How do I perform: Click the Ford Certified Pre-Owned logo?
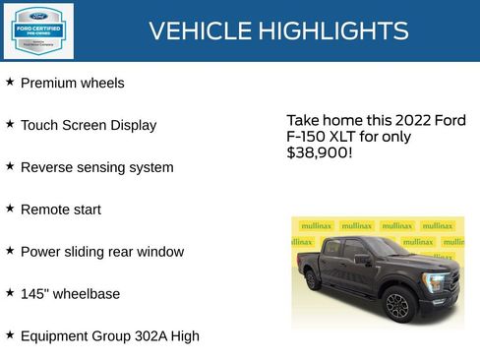point(37,30)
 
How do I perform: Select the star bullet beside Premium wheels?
point(10,83)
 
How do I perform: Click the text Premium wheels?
point(73,84)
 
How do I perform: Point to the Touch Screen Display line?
point(89,126)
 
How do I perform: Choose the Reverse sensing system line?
point(96,168)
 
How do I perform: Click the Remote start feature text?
point(61,210)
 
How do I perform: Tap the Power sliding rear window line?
point(102,253)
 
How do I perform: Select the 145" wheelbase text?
point(71,294)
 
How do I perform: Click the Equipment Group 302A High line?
point(110,336)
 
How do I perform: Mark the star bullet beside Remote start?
point(10,210)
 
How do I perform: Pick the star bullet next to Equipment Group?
point(10,335)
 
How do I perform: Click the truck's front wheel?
point(397,306)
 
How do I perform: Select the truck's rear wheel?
point(312,280)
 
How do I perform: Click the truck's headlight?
point(434,283)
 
